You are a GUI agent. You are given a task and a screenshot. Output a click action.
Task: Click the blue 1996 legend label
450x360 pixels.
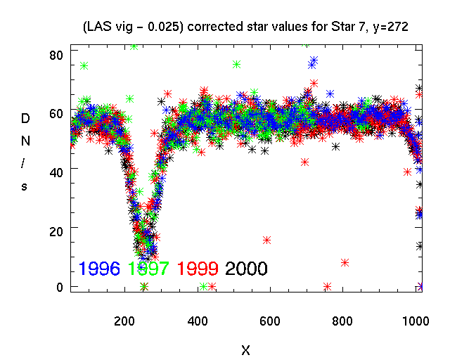(x=100, y=268)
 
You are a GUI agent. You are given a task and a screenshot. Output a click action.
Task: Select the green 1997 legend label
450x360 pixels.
(x=149, y=268)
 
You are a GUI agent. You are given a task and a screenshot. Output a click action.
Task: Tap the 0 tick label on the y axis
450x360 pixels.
(x=60, y=287)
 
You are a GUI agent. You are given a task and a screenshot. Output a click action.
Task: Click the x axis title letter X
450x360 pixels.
(x=245, y=349)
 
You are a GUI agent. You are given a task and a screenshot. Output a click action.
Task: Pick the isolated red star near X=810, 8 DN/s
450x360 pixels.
(x=345, y=262)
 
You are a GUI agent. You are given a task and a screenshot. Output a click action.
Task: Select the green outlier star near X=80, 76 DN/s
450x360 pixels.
(x=84, y=65)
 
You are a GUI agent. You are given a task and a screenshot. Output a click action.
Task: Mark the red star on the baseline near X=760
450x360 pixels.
(x=328, y=286)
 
